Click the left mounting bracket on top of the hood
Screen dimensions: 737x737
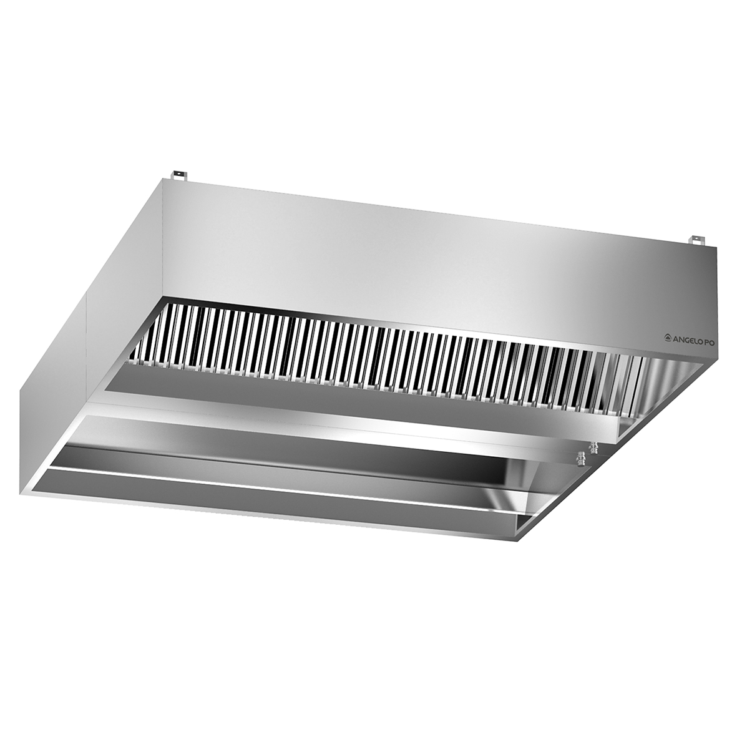pos(179,174)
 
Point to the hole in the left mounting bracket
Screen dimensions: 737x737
pos(179,173)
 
